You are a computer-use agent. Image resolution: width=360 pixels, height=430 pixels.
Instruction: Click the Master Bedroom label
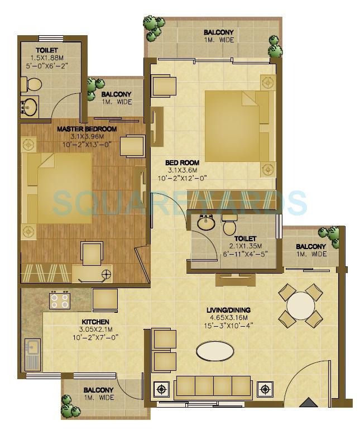[x=87, y=129]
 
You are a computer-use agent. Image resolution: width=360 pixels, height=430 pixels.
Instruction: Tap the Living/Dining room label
[x=227, y=310]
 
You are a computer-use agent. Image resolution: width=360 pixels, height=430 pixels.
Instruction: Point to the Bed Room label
[x=183, y=163]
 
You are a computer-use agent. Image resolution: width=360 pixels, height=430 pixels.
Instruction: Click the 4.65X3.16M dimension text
[x=227, y=318]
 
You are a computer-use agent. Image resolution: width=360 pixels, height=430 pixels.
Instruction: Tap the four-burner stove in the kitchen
[x=59, y=301]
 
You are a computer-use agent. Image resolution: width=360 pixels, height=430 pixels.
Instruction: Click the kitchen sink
[x=32, y=354]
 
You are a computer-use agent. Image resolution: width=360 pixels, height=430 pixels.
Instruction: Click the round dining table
[x=300, y=305]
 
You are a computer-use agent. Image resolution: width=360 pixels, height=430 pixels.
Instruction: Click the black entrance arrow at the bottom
[x=306, y=402]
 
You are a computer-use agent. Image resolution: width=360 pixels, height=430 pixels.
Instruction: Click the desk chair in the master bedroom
[x=92, y=254]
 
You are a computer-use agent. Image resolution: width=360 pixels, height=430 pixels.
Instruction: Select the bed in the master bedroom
[x=56, y=188]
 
